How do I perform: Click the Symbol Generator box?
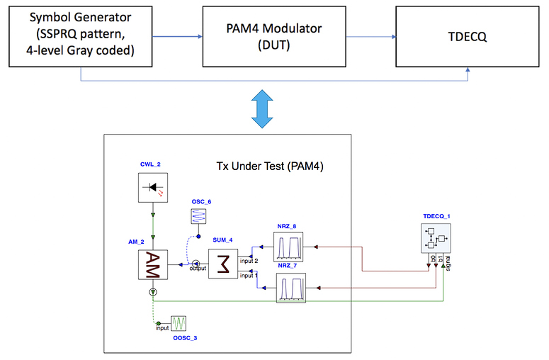[81, 36]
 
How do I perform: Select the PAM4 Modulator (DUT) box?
[274, 36]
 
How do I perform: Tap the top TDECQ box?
[468, 36]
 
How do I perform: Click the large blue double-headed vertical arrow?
[262, 109]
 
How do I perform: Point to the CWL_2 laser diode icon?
[153, 187]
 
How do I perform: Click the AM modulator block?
[153, 265]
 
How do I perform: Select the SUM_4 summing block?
[223, 264]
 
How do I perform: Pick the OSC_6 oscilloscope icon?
[198, 216]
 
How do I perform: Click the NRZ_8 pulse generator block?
[288, 247]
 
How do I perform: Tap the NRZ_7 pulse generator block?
[291, 288]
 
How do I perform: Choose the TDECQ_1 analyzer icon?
[436, 238]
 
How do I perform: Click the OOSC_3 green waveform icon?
[179, 323]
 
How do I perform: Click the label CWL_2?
[150, 164]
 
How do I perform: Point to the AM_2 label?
[136, 242]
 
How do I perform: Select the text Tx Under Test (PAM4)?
[270, 166]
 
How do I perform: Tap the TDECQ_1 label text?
[436, 216]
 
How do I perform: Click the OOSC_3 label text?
[185, 338]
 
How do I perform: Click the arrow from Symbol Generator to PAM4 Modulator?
[178, 36]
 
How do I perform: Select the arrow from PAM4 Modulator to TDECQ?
[371, 37]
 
